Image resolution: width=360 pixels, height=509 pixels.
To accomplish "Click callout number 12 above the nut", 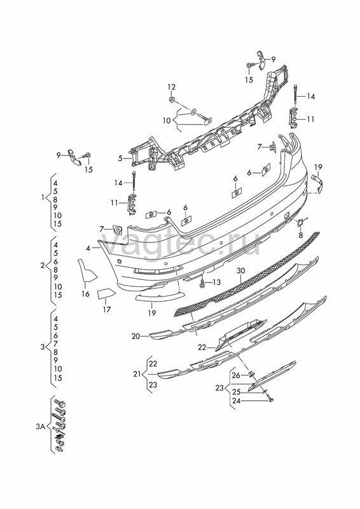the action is (x=171, y=87).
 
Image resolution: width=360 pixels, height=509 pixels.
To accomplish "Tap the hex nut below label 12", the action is (x=172, y=99).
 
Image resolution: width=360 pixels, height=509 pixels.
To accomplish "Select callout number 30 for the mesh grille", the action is (x=240, y=271).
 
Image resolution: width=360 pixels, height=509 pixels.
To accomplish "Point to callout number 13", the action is (x=216, y=282).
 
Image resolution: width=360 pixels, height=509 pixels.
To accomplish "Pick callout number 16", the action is (x=85, y=294).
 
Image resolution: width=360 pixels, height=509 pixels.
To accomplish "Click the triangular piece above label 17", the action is (x=106, y=294).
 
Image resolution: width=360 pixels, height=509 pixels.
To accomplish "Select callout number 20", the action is (x=135, y=337).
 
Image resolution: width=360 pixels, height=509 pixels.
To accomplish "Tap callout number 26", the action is (x=236, y=375).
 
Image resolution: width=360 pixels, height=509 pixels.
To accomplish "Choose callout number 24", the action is (x=237, y=401).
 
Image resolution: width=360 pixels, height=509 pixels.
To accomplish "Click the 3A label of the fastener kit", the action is (x=40, y=426).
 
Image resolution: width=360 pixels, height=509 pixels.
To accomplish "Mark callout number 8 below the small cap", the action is (x=301, y=235).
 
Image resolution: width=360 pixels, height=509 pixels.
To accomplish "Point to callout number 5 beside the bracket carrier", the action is (x=120, y=158).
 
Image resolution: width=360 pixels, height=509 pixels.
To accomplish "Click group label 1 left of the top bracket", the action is (x=43, y=197).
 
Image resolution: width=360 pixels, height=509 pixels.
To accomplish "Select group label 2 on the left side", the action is (x=43, y=265).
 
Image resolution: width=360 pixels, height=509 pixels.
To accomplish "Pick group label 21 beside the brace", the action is (x=137, y=374).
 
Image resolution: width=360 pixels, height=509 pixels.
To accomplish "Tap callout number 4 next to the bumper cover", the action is (x=88, y=248).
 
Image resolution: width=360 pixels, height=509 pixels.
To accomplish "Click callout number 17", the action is (x=107, y=310).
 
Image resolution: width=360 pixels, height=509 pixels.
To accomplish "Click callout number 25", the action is (x=237, y=392).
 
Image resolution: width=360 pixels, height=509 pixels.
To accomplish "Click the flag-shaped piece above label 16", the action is (x=85, y=270).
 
